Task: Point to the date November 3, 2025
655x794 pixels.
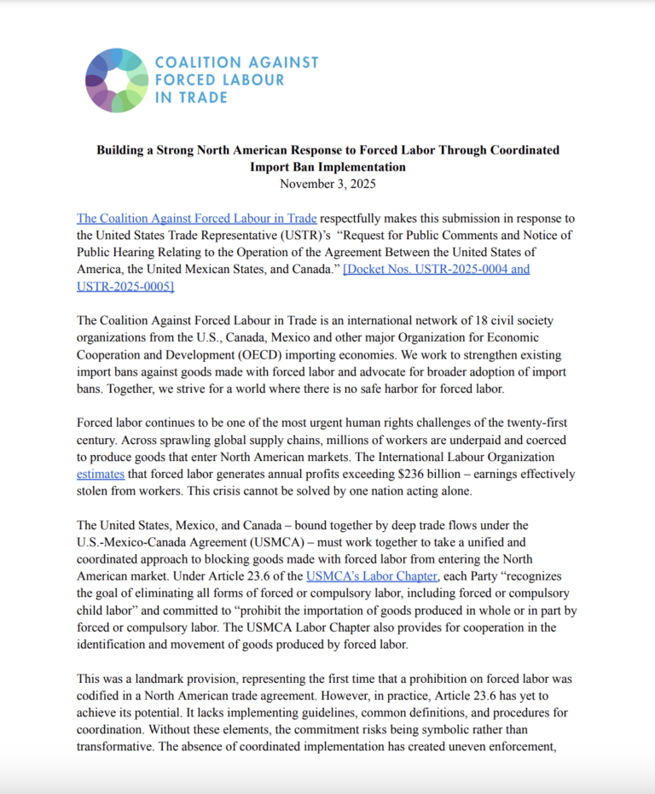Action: click(327, 183)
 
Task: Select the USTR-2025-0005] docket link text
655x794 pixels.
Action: click(125, 287)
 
